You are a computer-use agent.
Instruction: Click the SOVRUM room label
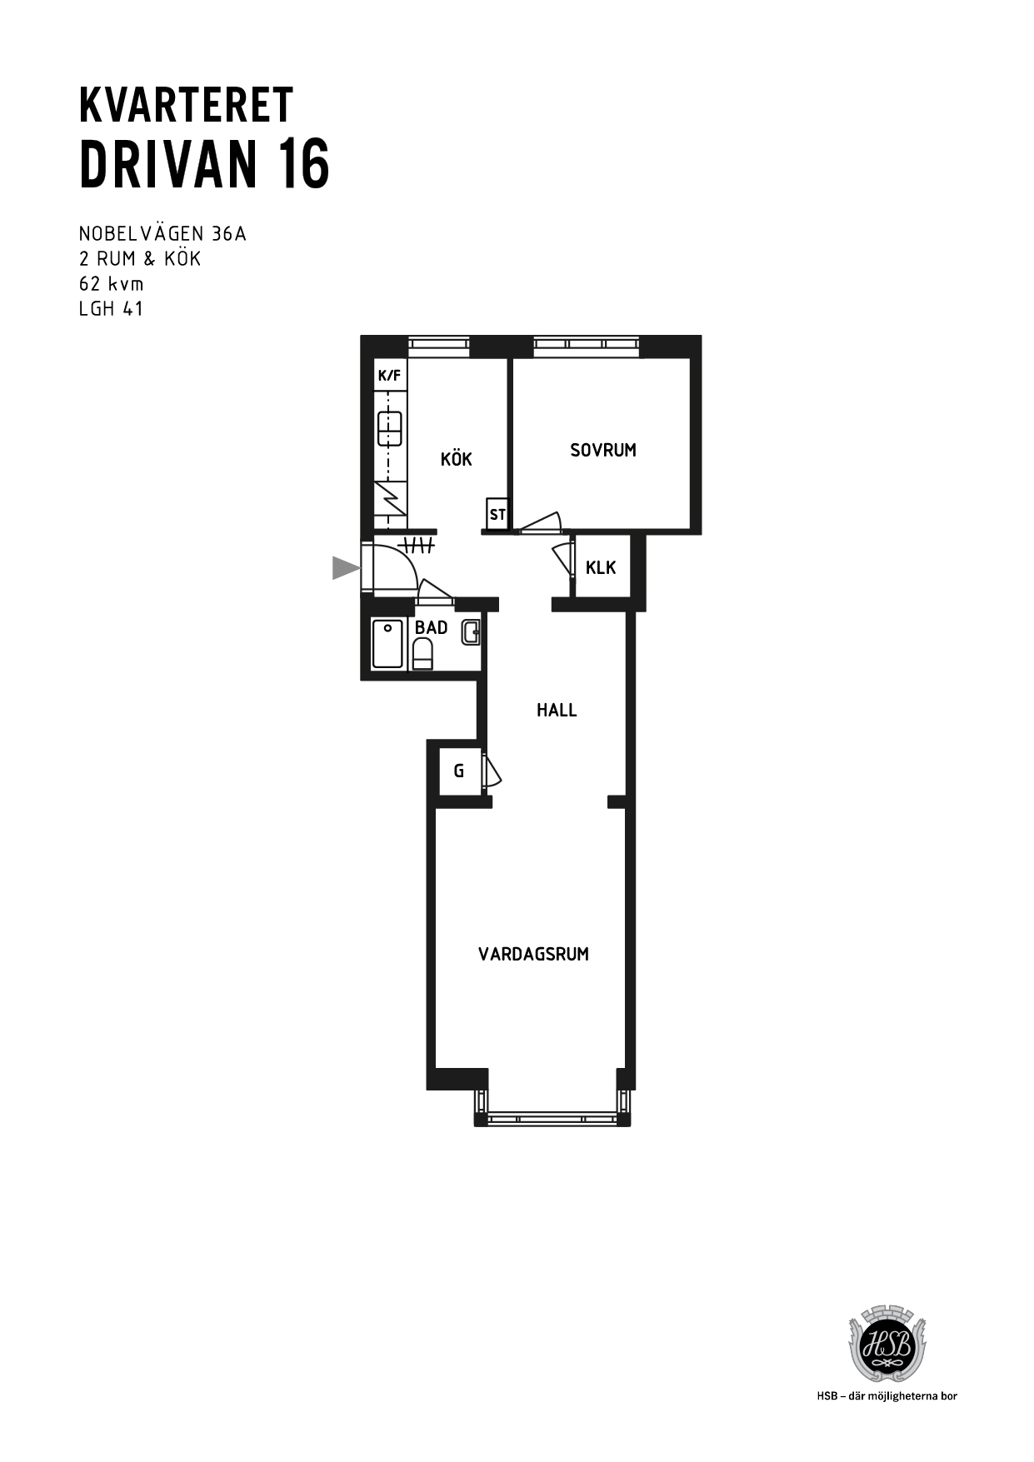603,450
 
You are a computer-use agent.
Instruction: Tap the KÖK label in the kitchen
457,458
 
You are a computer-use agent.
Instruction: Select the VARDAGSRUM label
533,954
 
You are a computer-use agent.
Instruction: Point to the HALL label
557,710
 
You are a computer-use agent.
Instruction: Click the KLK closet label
601,567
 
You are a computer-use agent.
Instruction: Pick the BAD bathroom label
432,627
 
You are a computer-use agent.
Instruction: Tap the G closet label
459,771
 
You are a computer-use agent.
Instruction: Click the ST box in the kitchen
497,514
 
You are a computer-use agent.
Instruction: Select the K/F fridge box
389,376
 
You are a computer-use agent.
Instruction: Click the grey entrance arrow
346,567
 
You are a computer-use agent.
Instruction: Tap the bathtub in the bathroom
387,644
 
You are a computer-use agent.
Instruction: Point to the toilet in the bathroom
423,654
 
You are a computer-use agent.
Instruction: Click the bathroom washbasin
471,632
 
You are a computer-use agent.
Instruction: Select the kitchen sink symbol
389,428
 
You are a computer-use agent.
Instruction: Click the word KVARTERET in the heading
186,105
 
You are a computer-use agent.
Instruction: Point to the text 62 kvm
112,283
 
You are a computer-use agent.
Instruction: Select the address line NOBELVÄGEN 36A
162,233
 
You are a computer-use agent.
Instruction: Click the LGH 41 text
112,308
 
